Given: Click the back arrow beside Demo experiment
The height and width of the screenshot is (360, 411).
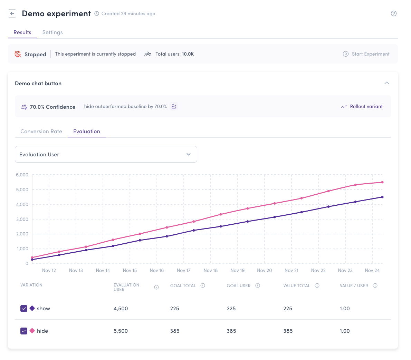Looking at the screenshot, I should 12,13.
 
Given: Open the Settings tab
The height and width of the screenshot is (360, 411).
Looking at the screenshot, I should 52,32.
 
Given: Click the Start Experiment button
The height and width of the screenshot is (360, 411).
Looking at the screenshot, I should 366,54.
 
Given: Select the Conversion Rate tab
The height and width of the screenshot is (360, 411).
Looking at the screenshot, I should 41,132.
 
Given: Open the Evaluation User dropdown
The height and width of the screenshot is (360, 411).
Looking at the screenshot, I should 106,154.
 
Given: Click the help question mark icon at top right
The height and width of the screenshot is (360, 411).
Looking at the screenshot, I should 393,13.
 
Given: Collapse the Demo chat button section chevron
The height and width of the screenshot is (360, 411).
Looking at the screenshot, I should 386,83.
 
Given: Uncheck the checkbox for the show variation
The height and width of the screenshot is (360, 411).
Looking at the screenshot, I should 24,309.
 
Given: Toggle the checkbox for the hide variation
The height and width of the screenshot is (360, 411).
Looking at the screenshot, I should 24,331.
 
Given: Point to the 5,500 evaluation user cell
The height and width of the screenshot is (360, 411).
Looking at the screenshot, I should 121,331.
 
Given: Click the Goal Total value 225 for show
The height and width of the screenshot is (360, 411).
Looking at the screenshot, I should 174,309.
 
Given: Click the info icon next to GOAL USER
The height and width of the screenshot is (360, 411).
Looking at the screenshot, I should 258,285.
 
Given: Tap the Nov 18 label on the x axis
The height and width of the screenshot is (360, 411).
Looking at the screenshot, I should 210,271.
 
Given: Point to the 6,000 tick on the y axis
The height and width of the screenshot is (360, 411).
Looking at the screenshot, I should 22,175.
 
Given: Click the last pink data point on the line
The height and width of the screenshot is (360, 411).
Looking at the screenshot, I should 382,182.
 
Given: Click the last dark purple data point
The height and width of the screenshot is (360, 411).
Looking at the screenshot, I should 382,197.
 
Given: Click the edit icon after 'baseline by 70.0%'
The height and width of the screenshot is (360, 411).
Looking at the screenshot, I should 174,107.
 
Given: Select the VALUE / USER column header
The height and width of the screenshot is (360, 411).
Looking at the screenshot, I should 354,286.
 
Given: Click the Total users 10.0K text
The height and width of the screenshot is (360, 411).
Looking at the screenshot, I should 174,54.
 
